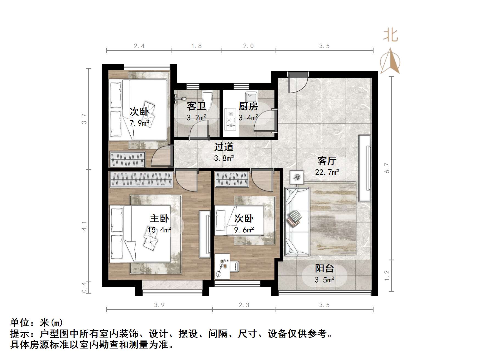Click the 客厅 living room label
(x=327, y=161)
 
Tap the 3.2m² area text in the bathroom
(x=197, y=118)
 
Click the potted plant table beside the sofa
(x=297, y=177)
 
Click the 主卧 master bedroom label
(x=159, y=219)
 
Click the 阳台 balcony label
(x=324, y=268)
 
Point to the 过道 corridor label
(x=224, y=147)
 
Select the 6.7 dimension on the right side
(x=387, y=168)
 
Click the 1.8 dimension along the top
(x=197, y=46)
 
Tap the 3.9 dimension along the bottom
(x=159, y=305)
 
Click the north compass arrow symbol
(x=390, y=61)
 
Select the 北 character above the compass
(x=390, y=36)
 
